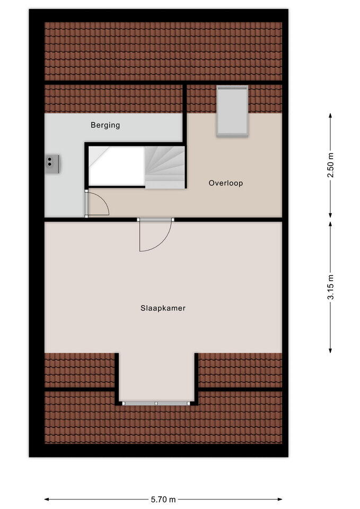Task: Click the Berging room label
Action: click(105, 126)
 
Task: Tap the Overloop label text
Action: click(225, 183)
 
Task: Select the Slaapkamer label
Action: click(163, 308)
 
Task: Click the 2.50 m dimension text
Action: click(331, 165)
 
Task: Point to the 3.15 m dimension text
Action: click(331, 287)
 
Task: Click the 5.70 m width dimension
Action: click(163, 499)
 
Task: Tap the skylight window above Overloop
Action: click(232, 111)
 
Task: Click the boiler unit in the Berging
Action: click(52, 164)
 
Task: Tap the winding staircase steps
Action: click(165, 165)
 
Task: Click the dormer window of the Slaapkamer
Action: click(156, 403)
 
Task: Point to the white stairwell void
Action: click(116, 165)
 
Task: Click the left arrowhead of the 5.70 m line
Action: click(47, 499)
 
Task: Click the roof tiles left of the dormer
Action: click(80, 370)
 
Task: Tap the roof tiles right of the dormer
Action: click(240, 370)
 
